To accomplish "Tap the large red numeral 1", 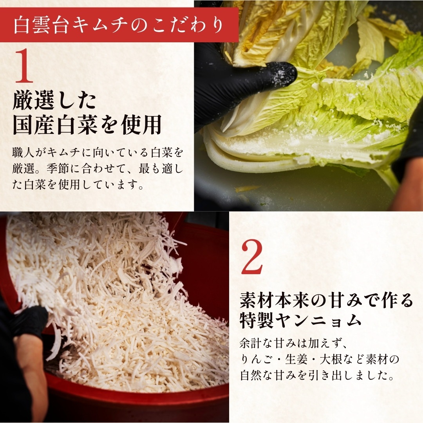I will [x=24, y=67].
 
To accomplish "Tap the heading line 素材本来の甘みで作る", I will [x=326, y=300].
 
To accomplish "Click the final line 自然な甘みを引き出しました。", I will [x=317, y=375].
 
